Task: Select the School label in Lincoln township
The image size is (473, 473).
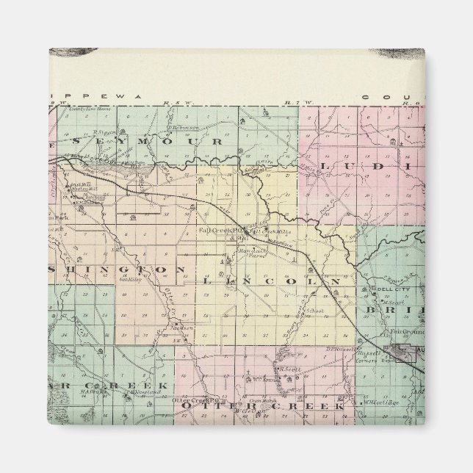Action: coord(316,311)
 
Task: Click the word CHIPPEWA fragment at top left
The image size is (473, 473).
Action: coord(79,96)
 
